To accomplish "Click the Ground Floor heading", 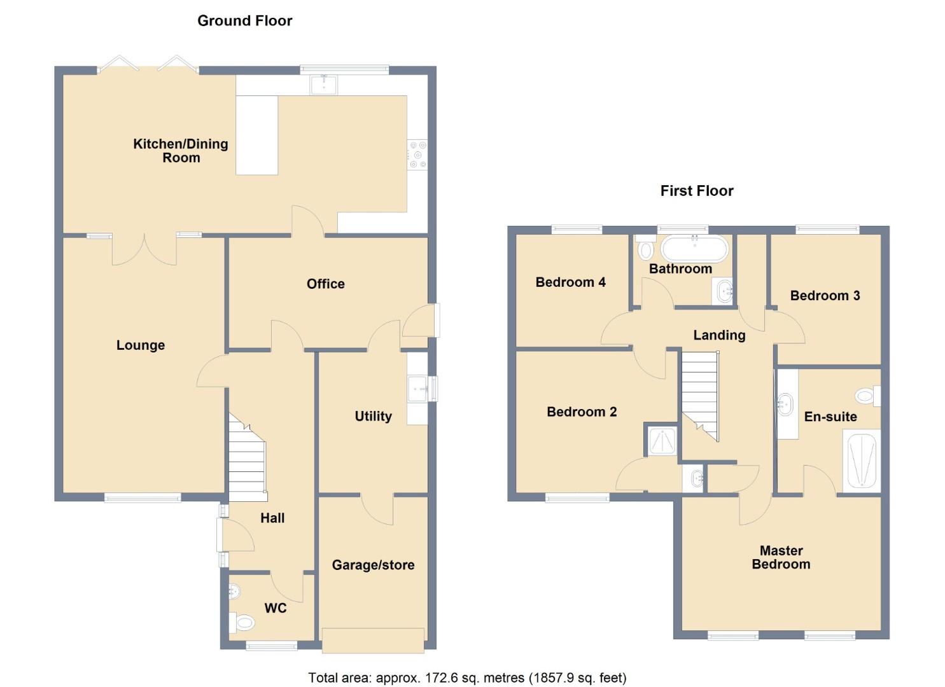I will pos(244,21).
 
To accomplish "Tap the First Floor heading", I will pos(696,191).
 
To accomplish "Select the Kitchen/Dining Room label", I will pos(181,151).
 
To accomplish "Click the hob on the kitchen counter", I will pos(417,155).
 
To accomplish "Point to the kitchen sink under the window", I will pos(324,85).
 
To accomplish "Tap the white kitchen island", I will pos(256,135).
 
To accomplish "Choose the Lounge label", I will pos(141,345).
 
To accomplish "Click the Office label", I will pos(325,284).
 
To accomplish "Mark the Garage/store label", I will pos(373,566).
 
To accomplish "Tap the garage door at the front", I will pos(373,640).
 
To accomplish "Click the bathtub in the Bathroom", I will pos(694,249).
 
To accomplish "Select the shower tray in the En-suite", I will pos(862,461).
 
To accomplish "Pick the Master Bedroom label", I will pos(781,558).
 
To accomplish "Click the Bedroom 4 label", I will pos(570,282).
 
